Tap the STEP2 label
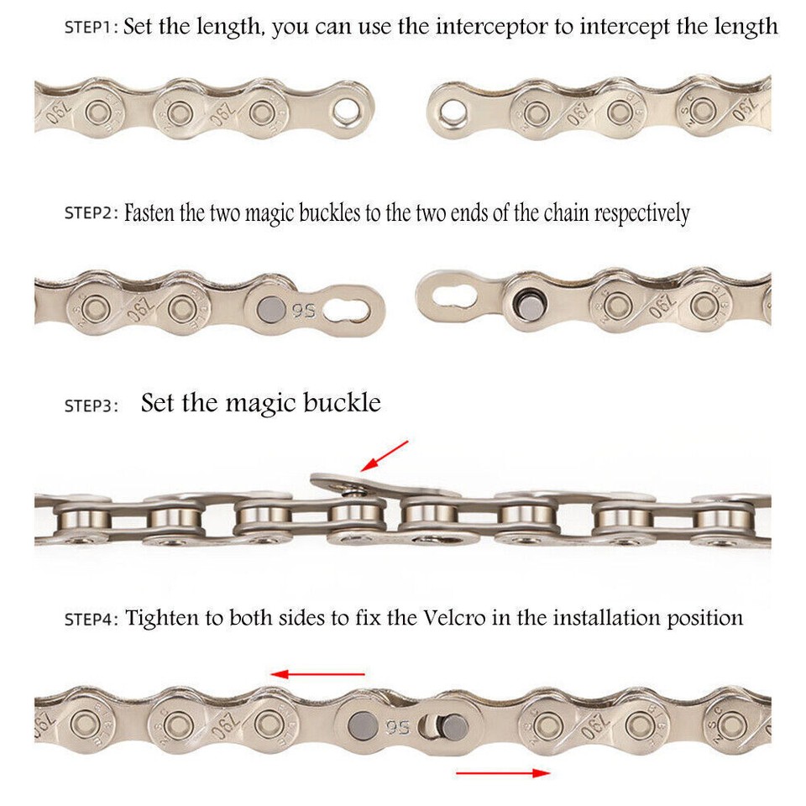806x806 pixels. click(x=92, y=213)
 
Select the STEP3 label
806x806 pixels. click(x=92, y=406)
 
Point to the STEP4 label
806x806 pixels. click(x=92, y=620)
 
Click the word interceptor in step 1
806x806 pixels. click(x=486, y=27)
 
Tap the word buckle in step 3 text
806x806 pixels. click(x=341, y=404)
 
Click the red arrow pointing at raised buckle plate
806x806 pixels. click(x=383, y=455)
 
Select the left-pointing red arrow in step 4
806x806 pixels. click(x=317, y=673)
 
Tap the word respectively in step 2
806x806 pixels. click(x=641, y=212)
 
